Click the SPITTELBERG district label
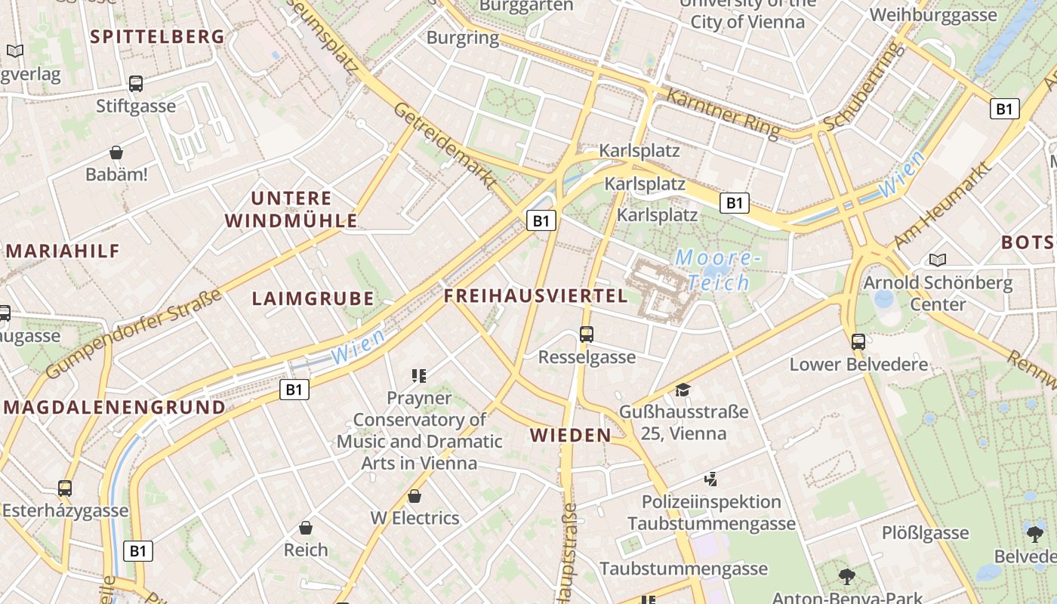point(157,36)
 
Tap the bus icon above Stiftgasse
point(136,84)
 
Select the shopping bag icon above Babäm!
point(116,153)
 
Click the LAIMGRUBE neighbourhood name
point(313,298)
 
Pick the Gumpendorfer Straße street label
point(134,333)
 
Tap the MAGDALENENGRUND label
point(115,408)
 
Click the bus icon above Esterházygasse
point(65,488)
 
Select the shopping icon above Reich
point(306,527)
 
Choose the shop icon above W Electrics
point(414,496)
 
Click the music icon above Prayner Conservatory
point(419,375)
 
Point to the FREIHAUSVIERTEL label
point(535,296)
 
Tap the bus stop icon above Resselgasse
point(587,334)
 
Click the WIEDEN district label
point(570,435)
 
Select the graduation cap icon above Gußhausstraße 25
point(683,390)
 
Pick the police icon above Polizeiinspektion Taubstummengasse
point(710,479)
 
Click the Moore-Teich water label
point(714,270)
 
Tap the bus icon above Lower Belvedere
point(858,341)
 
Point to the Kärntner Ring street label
point(723,113)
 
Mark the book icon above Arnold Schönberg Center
point(938,260)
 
